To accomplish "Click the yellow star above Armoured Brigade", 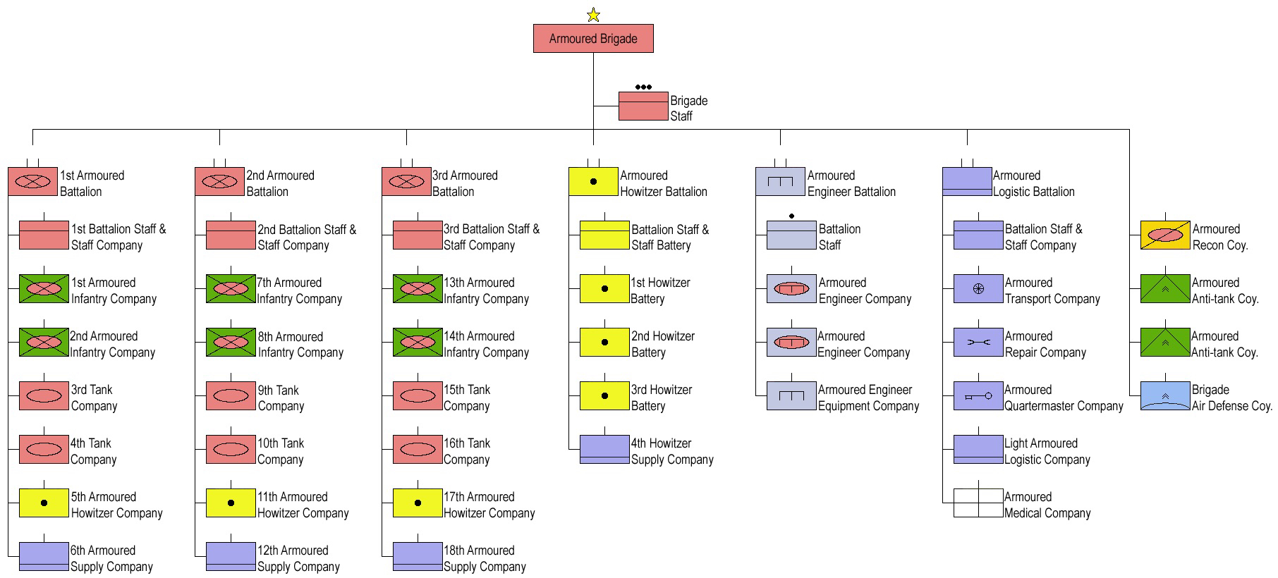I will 593,15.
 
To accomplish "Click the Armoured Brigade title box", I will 593,39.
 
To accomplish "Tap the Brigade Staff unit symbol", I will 643,106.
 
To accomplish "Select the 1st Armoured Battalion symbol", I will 32,181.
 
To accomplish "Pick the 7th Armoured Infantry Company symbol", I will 231,289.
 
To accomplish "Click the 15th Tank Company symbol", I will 418,395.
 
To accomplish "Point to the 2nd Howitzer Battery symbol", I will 604,342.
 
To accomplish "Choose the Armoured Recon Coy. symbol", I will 1165,235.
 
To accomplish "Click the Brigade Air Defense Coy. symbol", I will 1165,396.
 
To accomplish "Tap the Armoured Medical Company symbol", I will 978,503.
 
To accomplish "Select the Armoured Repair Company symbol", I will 978,342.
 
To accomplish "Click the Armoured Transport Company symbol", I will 978,289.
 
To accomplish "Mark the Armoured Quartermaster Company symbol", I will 978,396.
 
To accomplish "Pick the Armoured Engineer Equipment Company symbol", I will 791,396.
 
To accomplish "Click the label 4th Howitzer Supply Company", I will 672,451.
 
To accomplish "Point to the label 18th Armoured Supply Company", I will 485,558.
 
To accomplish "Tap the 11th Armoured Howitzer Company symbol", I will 231,503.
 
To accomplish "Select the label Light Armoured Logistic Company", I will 1047,451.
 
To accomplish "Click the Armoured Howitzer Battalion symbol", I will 593,181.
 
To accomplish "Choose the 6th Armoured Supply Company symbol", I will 44,557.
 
